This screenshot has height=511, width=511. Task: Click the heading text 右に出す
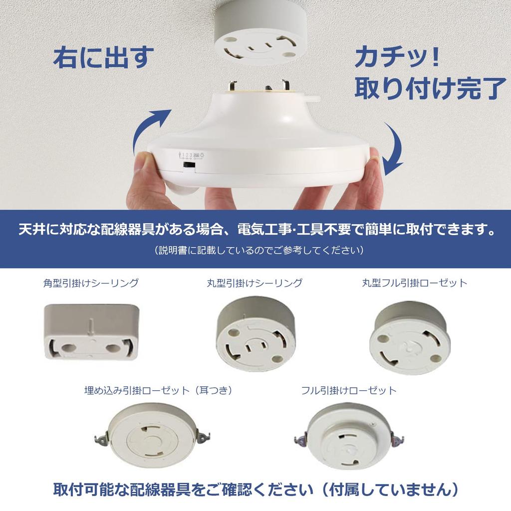click(103, 58)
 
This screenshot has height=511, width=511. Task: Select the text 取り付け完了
click(430, 87)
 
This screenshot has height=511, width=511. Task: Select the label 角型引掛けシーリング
click(91, 283)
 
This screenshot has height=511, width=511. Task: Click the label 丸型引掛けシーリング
click(255, 283)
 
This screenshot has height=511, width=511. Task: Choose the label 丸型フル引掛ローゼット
click(415, 283)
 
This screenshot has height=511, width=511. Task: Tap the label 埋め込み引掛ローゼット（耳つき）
click(159, 390)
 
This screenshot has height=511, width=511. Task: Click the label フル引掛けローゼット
click(349, 390)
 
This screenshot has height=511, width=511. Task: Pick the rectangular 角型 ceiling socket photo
click(91, 332)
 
